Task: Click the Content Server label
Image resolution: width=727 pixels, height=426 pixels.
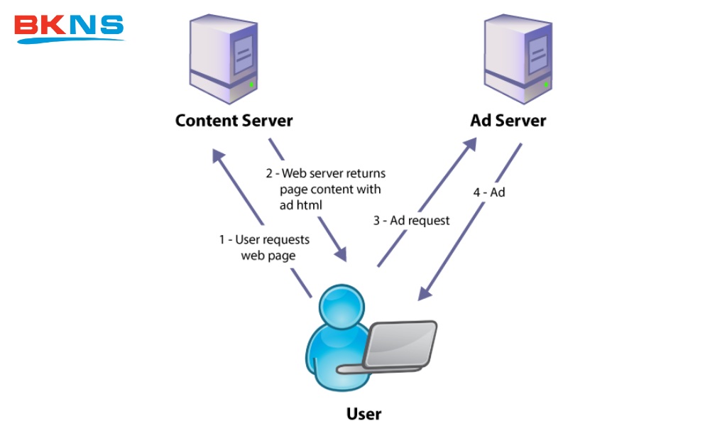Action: pyautogui.click(x=234, y=120)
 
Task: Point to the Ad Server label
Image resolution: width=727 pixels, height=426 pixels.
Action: pyautogui.click(x=508, y=120)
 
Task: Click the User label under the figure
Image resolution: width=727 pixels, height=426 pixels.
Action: pyautogui.click(x=363, y=413)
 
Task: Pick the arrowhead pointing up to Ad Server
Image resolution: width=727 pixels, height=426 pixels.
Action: pyautogui.click(x=469, y=145)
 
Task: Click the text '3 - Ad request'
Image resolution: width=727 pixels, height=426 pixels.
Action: pyautogui.click(x=412, y=221)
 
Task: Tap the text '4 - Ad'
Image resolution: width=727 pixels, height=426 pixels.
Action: pyautogui.click(x=489, y=192)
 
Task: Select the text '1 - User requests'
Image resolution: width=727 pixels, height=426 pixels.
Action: pyautogui.click(x=264, y=240)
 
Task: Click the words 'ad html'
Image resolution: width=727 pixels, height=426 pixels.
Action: pyautogui.click(x=300, y=205)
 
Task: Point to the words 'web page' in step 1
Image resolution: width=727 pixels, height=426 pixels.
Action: pyautogui.click(x=268, y=256)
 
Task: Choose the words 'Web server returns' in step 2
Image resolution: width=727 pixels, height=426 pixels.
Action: pyautogui.click(x=334, y=173)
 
